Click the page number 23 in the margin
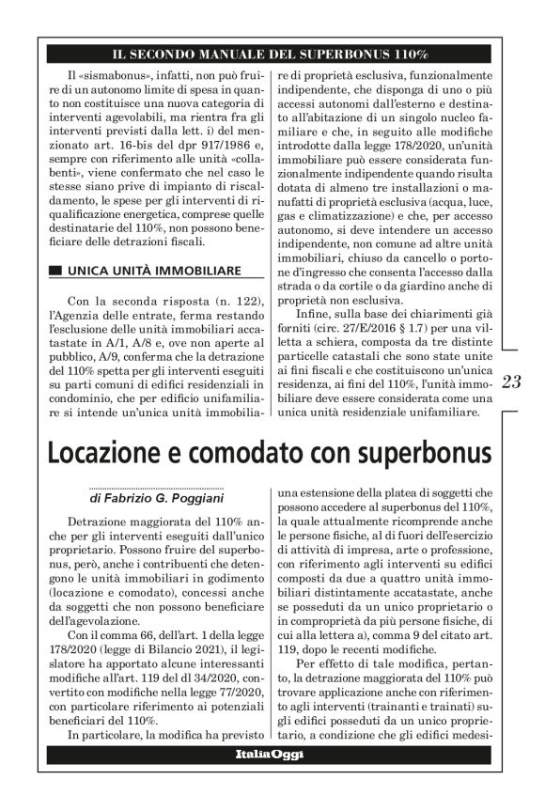(x=512, y=382)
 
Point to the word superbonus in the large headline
(x=424, y=452)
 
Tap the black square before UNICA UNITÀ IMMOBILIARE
(x=56, y=272)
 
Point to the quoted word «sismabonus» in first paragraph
(x=112, y=74)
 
